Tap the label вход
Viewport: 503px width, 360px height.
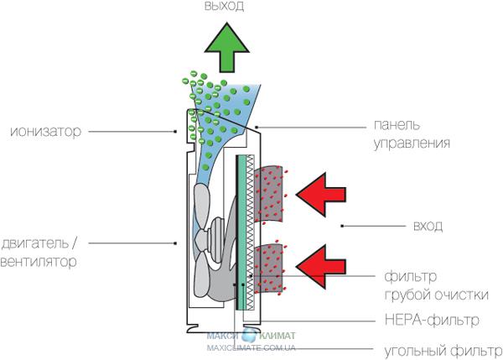tap(428, 227)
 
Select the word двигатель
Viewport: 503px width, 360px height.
tap(39, 244)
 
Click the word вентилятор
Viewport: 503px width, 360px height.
tap(39, 262)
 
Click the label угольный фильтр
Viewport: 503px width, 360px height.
tap(436, 348)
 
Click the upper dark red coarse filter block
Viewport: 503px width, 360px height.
tap(272, 195)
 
